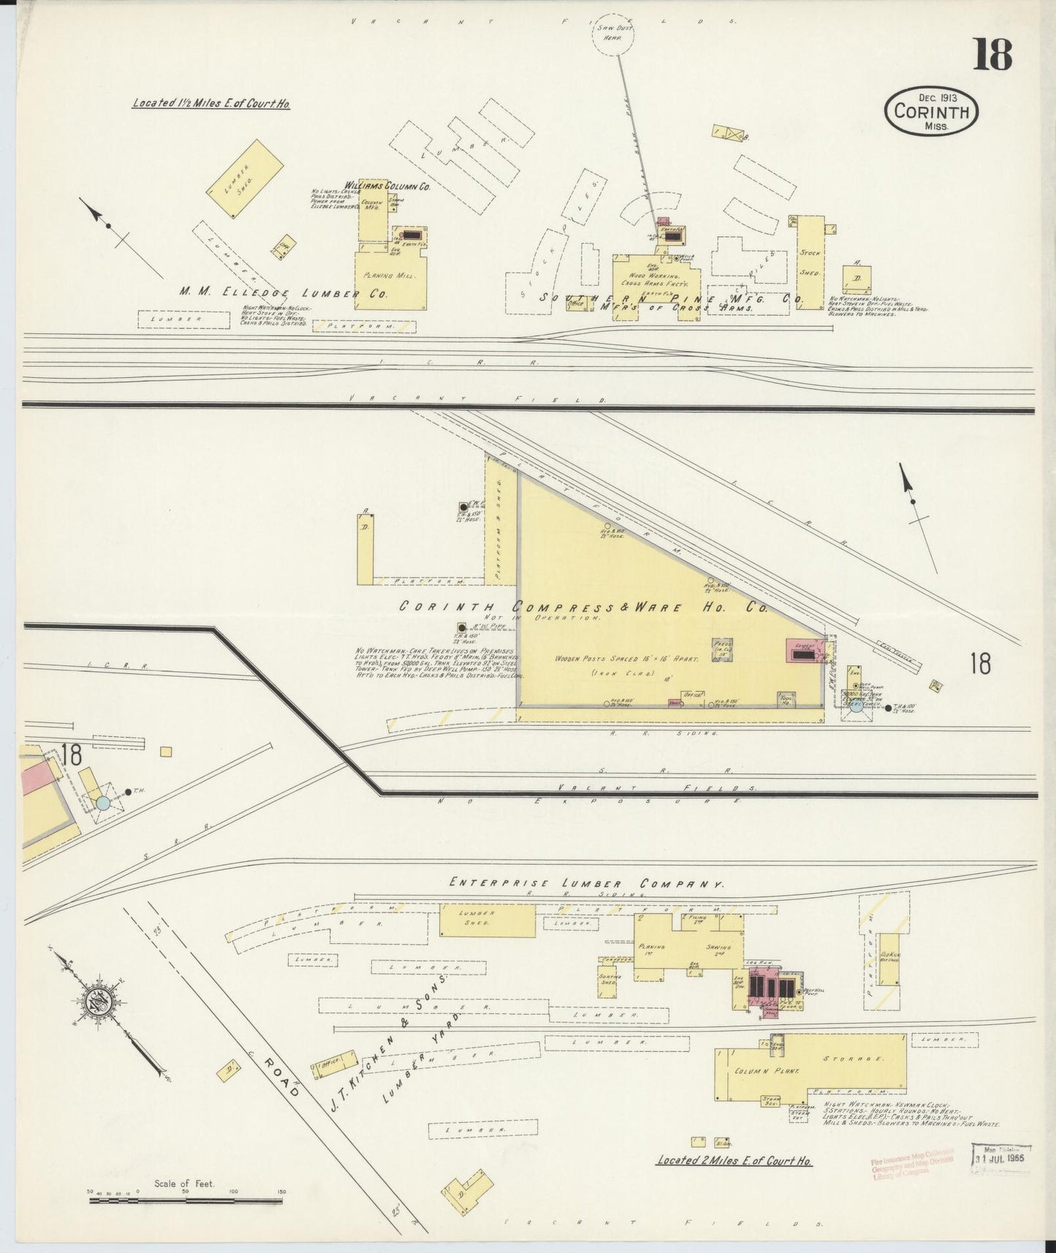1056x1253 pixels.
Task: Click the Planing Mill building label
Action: coord(390,278)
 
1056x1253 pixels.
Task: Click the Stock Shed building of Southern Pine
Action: coord(810,262)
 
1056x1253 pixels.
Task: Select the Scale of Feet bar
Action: coord(187,1196)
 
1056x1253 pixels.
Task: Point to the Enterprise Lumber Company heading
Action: coord(587,883)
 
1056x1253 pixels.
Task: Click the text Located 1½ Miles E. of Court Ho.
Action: coord(211,104)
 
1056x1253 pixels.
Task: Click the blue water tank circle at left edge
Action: coord(103,803)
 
